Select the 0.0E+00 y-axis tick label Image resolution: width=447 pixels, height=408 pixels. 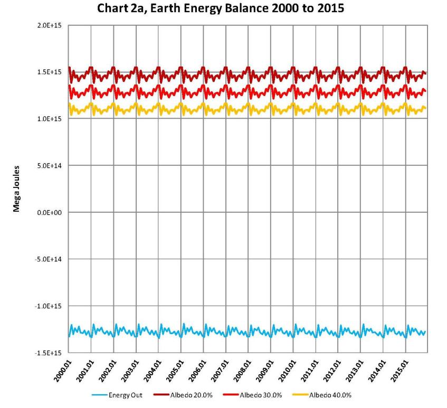[x=51, y=212]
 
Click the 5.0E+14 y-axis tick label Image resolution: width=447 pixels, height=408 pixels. [x=51, y=166]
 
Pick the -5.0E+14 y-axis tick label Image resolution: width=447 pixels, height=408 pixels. [x=50, y=259]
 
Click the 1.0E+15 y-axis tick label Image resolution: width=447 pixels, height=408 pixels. [x=51, y=119]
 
